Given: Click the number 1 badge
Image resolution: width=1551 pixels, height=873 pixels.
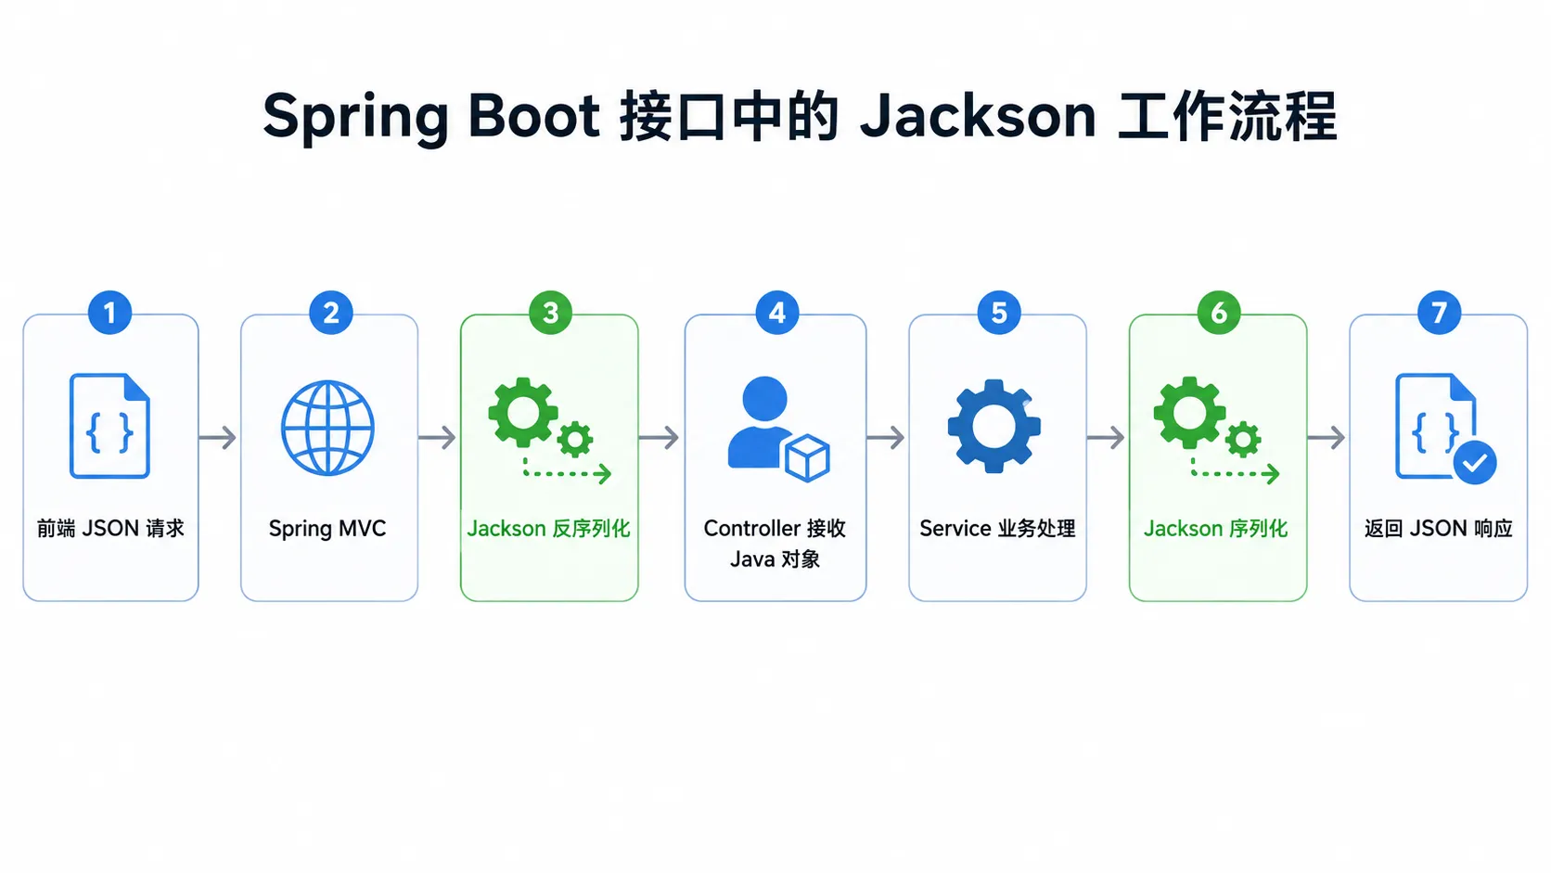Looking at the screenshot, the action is tap(110, 313).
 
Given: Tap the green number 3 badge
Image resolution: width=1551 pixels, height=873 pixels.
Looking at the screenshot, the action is tap(550, 313).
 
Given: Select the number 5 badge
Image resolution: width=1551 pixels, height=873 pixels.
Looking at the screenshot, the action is tap(998, 313).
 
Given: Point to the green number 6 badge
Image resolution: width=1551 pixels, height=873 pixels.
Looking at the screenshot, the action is tap(1219, 313).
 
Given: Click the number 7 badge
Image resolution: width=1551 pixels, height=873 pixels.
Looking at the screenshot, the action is tap(1439, 313).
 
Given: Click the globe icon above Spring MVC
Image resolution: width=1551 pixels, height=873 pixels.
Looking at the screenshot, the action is tap(327, 428).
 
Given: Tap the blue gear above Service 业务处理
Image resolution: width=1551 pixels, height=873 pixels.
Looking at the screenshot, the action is tap(994, 427).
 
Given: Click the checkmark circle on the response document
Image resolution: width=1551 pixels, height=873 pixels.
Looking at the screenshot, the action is tap(1475, 462).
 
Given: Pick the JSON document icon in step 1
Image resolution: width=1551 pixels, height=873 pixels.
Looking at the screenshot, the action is tap(110, 426).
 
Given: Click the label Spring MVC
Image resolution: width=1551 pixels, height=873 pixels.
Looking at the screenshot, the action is tap(327, 529).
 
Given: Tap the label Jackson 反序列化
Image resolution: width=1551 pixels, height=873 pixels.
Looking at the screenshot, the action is tap(548, 529).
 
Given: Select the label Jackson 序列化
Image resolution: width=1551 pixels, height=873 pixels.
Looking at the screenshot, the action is tap(1215, 529).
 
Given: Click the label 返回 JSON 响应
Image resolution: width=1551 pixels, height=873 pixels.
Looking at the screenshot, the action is tap(1438, 529).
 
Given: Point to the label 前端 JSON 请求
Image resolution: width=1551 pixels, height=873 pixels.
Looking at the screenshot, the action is tap(110, 529).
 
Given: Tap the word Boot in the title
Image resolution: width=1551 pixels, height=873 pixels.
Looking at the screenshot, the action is tap(533, 116).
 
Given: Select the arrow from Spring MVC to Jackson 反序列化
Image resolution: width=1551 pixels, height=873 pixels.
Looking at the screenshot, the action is tap(438, 438).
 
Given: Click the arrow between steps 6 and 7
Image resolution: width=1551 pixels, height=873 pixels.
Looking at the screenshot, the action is tap(1327, 438).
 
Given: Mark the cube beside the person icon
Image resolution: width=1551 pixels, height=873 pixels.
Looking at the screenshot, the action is tap(807, 457).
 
